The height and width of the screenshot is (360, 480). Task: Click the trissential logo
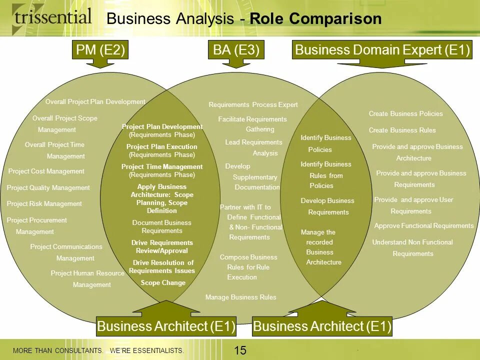pyautogui.click(x=52, y=17)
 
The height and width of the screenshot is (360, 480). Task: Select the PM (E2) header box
pyautogui.click(x=100, y=50)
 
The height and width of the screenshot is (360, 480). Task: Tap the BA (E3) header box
pyautogui.click(x=236, y=50)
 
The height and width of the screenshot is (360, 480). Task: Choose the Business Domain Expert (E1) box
pyautogui.click(x=382, y=50)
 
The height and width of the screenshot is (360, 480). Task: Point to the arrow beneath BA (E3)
pyautogui.click(x=236, y=63)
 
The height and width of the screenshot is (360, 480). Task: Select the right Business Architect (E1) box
pyautogui.click(x=322, y=327)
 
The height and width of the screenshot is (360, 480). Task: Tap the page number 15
pyautogui.click(x=240, y=350)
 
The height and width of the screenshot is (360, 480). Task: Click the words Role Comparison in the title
pyautogui.click(x=315, y=19)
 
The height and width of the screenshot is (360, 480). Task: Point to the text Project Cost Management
pyautogui.click(x=46, y=171)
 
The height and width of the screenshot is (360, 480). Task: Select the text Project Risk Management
pyautogui.click(x=44, y=204)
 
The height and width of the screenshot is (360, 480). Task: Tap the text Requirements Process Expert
pyautogui.click(x=253, y=105)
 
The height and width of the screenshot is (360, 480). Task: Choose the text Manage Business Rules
pyautogui.click(x=240, y=297)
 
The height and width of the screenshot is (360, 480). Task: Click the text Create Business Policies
pyautogui.click(x=405, y=114)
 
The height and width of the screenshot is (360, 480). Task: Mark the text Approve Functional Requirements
pyautogui.click(x=424, y=226)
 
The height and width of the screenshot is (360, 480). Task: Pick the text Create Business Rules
pyautogui.click(x=402, y=130)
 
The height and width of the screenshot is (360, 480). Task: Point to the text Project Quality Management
pyautogui.click(x=48, y=188)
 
